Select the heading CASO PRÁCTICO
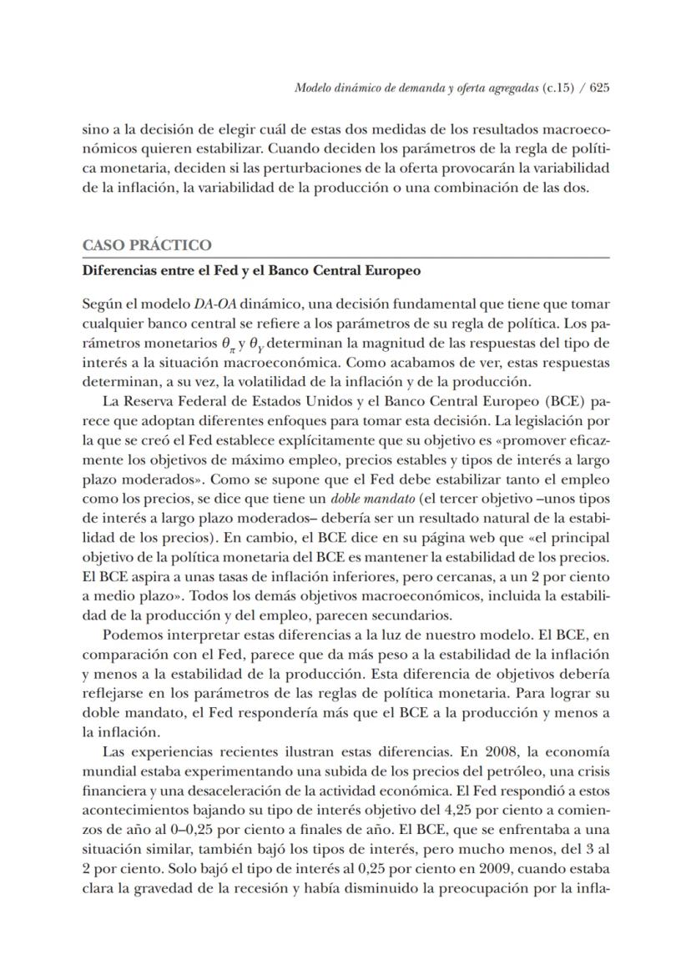148,246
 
